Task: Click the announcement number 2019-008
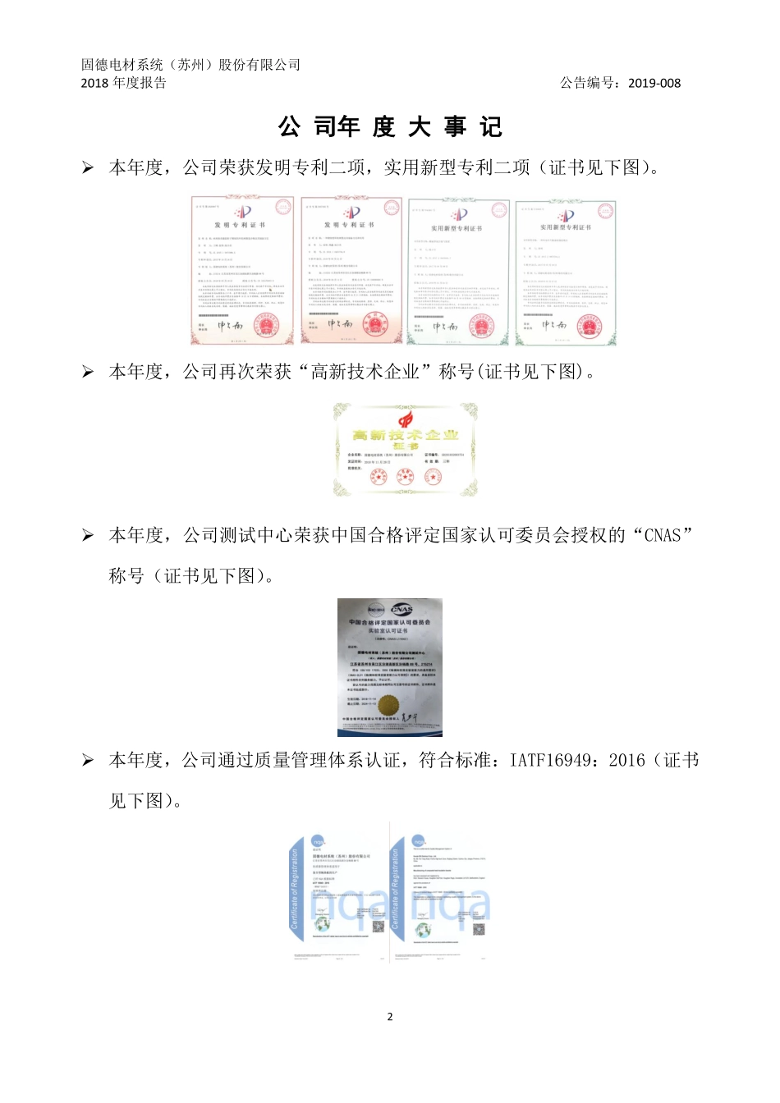coord(654,83)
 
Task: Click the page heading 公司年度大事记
coord(390,127)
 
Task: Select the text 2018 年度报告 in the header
coord(123,83)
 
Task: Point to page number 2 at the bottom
coord(390,1016)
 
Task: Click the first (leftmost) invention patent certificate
coord(242,270)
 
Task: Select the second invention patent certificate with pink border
coord(351,270)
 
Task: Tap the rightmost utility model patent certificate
coord(566,272)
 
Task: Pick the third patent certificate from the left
coord(458,272)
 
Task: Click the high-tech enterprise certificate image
coord(405,449)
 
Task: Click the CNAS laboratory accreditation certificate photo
coord(390,666)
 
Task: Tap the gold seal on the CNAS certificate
coord(387,704)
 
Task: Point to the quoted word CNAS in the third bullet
coord(663,536)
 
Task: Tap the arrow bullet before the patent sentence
coord(88,168)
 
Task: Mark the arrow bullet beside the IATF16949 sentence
coord(88,761)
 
